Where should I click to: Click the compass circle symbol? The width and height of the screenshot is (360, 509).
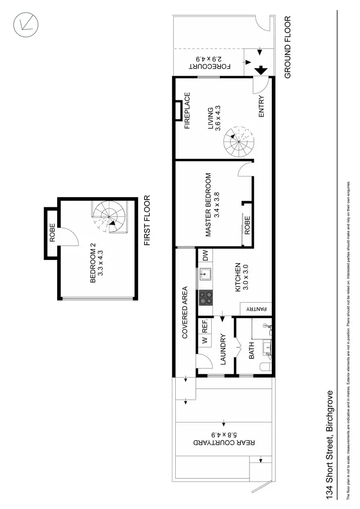(x=25, y=24)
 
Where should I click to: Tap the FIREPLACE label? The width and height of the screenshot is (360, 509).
(x=187, y=111)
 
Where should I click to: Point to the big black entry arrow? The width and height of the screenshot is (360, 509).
(x=261, y=70)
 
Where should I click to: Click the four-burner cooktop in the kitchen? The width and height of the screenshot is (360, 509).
(x=205, y=298)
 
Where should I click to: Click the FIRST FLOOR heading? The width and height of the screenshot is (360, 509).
(x=148, y=221)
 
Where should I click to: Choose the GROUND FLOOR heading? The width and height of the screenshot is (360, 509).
(x=288, y=47)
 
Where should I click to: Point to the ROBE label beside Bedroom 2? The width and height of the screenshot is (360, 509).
(x=52, y=233)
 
